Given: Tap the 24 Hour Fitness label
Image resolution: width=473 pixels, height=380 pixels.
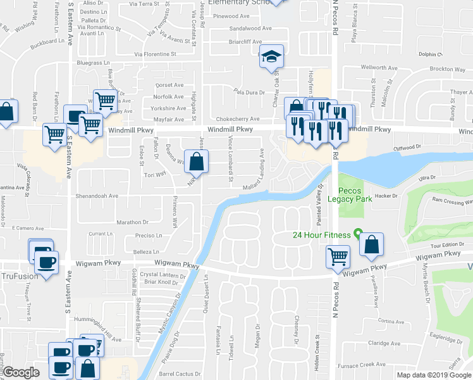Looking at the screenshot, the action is (x=321, y=235).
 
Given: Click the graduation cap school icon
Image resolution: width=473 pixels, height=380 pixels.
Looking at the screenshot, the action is (x=272, y=58).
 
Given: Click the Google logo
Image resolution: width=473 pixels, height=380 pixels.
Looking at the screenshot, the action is (x=21, y=373).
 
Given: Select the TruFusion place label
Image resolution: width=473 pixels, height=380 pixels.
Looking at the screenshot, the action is (x=19, y=276).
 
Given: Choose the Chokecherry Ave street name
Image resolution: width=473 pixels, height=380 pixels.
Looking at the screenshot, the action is (x=238, y=118).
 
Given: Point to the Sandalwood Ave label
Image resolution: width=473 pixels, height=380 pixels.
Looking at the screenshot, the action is (x=250, y=28).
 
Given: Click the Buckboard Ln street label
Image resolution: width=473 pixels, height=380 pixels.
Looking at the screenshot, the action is (x=48, y=42).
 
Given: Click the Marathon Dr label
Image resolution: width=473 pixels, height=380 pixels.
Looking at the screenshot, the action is (x=132, y=222).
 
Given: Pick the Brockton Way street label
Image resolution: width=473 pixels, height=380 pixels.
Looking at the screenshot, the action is (x=446, y=68).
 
